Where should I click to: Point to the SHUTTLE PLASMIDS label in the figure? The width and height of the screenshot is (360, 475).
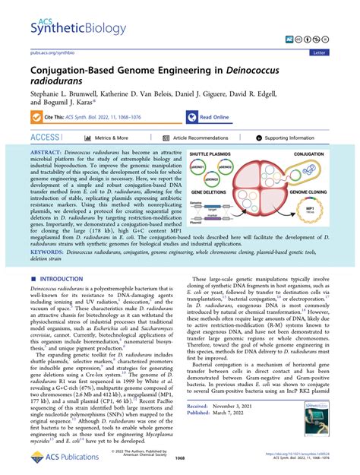205,151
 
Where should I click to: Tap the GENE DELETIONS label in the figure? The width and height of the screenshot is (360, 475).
204,190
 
